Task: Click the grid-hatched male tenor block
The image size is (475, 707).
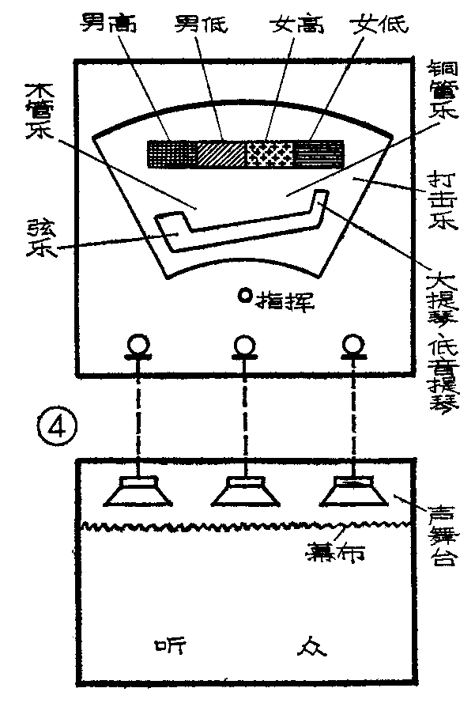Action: pyautogui.click(x=172, y=153)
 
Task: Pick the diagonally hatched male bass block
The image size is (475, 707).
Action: pyautogui.click(x=221, y=153)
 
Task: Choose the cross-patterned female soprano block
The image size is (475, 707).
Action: pyautogui.click(x=270, y=153)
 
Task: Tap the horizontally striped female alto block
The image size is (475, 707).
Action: pyautogui.click(x=319, y=153)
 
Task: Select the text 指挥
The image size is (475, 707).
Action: pyautogui.click(x=276, y=298)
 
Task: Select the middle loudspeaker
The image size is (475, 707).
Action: pyautogui.click(x=244, y=492)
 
